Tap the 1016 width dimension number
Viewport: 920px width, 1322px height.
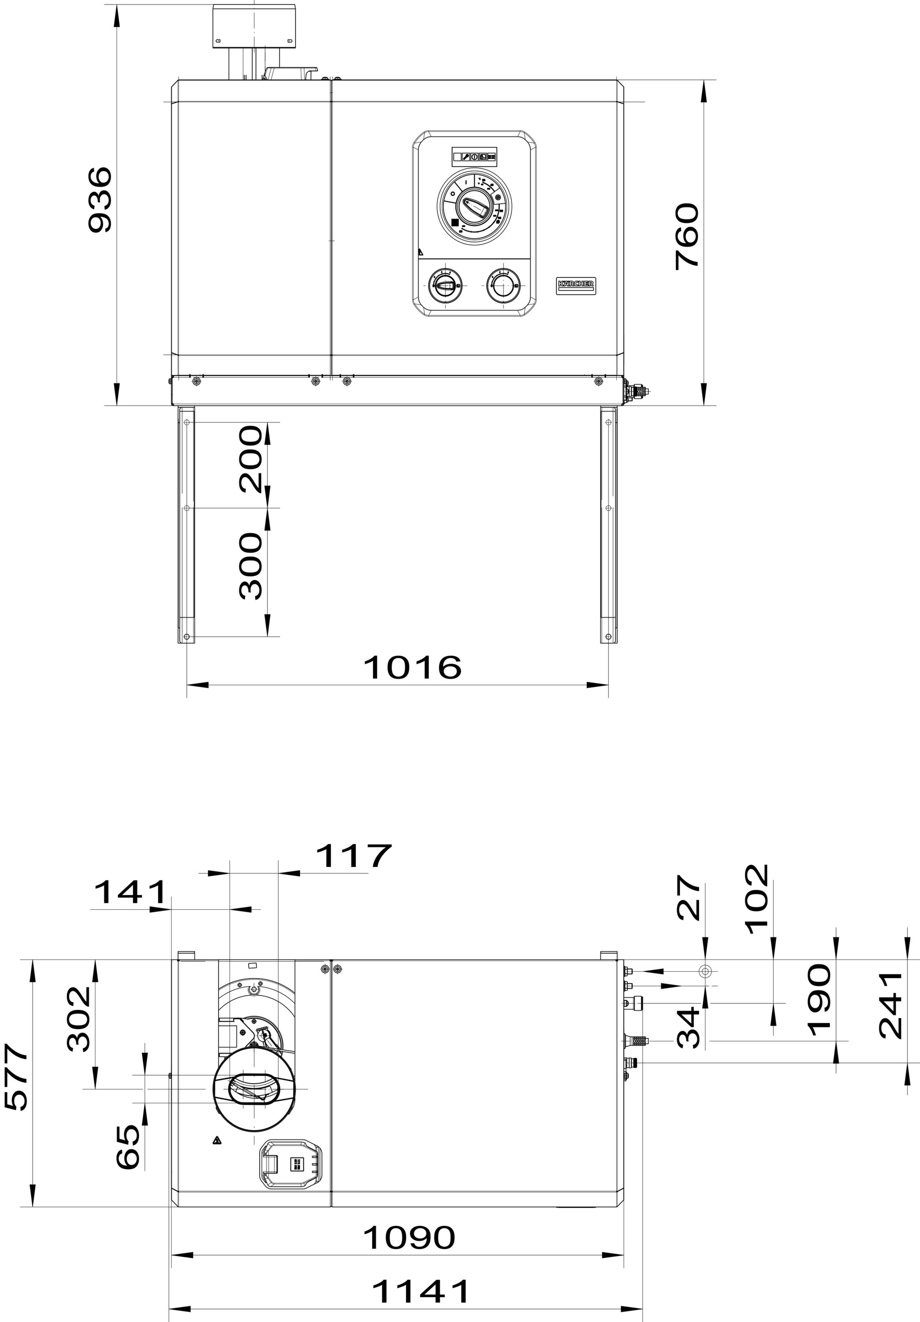412,667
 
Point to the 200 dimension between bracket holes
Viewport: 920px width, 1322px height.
251,459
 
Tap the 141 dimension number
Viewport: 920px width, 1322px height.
130,909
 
